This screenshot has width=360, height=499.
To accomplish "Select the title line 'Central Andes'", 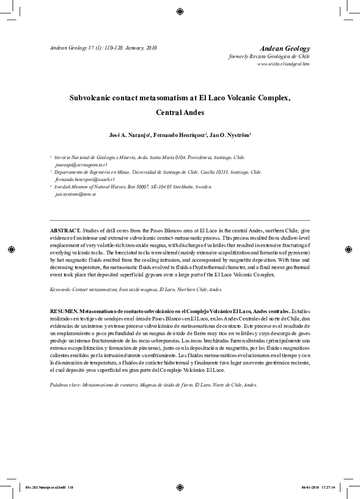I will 180,113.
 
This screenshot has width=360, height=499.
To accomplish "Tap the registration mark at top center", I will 180,10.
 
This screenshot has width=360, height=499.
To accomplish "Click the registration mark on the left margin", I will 10,250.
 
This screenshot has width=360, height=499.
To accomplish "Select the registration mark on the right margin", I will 349,250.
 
